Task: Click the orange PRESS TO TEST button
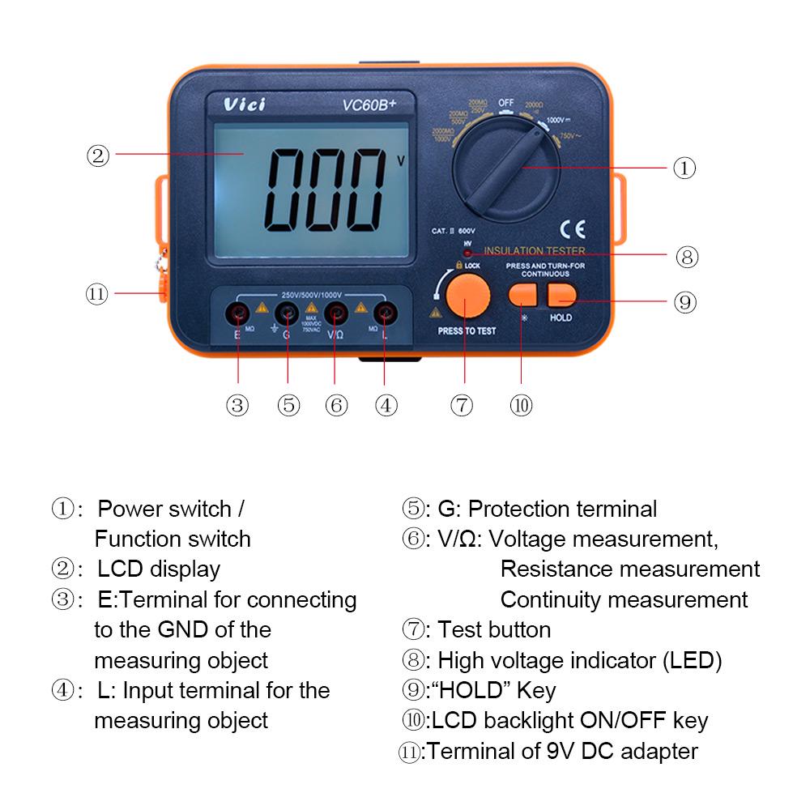465,296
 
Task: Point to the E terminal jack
238,313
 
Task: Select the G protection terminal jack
287,313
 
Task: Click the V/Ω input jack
335,313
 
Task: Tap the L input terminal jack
384,313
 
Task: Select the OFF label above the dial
506,103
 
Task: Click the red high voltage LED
467,254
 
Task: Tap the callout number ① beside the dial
684,168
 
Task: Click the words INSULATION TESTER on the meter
535,251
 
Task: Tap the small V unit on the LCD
400,160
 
